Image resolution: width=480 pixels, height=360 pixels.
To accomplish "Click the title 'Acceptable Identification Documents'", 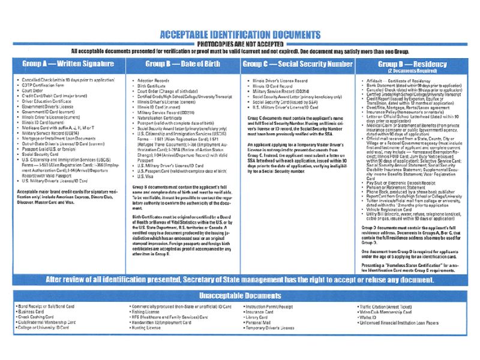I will pos(240,35).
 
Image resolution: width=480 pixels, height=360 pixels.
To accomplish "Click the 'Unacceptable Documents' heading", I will pos(240,296).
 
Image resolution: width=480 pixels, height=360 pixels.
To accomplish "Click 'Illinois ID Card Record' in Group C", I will pos(276,86).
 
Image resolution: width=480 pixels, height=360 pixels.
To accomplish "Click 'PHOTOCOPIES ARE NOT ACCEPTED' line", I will pos(240,44).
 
